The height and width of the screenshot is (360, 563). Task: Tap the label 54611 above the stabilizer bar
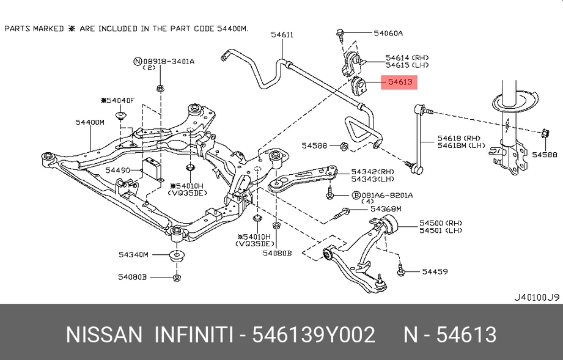282,35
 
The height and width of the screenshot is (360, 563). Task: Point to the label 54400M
90,122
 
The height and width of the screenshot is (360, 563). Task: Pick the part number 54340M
133,254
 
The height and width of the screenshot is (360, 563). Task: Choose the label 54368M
388,209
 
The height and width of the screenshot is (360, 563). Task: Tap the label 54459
435,270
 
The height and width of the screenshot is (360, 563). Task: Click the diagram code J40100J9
535,297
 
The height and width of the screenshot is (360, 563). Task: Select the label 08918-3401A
169,61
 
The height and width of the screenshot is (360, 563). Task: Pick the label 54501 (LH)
441,230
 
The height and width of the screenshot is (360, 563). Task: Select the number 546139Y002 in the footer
314,335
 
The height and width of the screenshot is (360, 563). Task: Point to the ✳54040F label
117,100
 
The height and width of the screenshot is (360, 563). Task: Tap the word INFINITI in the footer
193,335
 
